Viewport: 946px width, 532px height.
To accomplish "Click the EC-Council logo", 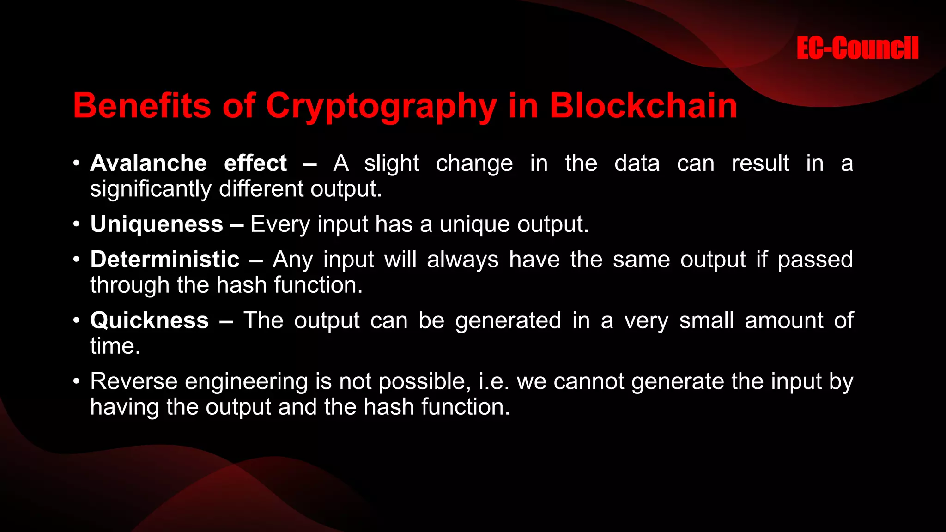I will point(857,48).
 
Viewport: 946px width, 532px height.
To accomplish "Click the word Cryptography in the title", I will point(381,106).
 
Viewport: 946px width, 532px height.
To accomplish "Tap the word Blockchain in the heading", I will point(643,105).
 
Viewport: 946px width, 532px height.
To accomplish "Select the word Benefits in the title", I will point(141,105).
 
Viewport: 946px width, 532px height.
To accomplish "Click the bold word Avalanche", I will point(148,163).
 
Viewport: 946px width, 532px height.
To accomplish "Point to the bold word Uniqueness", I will point(157,224).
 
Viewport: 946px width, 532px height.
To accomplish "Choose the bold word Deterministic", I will point(165,259).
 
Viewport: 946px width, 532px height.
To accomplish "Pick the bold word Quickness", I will point(149,320).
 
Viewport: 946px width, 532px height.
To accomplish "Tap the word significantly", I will point(151,189).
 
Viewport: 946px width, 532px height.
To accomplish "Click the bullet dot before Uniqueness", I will point(77,224).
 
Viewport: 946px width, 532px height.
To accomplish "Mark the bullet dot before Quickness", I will point(77,320).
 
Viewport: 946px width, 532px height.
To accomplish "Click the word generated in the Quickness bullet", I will point(508,321).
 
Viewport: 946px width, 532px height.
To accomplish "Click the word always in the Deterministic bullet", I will point(462,260).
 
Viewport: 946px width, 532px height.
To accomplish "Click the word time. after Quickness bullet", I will point(115,346).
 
